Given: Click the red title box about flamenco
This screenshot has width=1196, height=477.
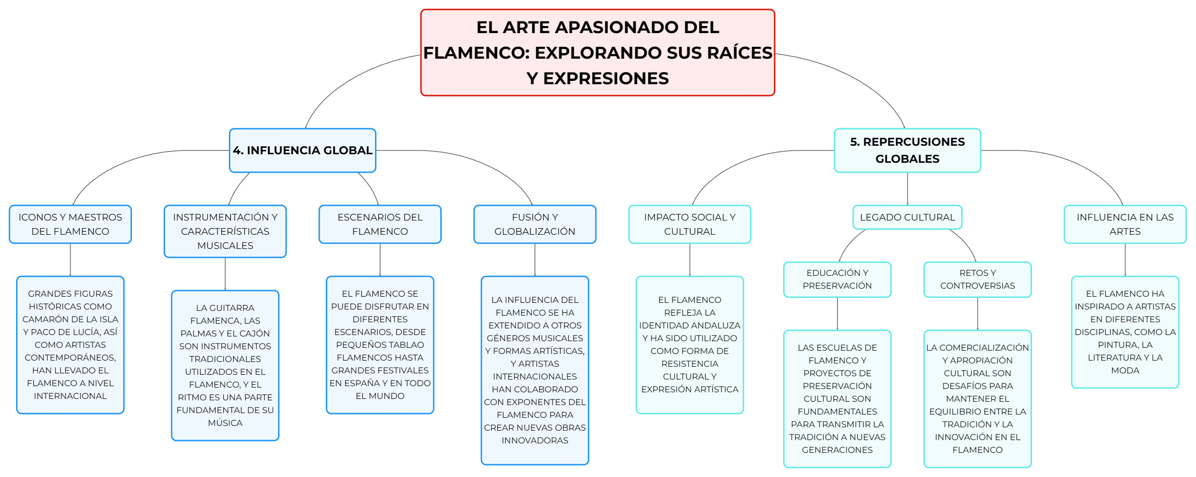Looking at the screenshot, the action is (x=597, y=53).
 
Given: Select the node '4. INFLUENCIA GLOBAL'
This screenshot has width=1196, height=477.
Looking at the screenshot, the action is (x=302, y=150).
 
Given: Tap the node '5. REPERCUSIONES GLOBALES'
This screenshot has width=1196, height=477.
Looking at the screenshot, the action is (x=907, y=150).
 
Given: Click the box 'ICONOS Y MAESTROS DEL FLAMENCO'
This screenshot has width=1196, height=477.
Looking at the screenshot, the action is (x=70, y=224).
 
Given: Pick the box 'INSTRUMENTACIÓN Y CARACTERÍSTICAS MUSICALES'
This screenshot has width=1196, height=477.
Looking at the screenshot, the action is (x=225, y=231).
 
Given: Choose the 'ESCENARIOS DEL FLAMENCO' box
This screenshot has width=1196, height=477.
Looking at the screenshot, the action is (x=380, y=224).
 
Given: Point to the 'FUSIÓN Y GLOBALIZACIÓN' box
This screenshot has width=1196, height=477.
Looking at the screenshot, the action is (x=535, y=224).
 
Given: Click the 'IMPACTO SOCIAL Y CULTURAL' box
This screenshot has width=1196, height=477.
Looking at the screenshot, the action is (x=690, y=224).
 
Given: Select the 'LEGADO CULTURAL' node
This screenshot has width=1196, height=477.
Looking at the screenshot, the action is (x=907, y=217).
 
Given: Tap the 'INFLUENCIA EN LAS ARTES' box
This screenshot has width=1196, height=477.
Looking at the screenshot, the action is (x=1125, y=224).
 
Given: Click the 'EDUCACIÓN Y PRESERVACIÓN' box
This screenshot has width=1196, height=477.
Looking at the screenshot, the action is (x=837, y=280).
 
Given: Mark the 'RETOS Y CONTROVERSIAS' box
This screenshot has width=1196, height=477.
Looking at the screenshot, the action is (x=978, y=280).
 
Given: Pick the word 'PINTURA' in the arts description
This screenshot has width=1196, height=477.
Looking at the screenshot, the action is (x=1118, y=345).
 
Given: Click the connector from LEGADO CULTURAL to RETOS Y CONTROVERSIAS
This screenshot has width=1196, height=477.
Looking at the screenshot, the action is (x=966, y=241).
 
